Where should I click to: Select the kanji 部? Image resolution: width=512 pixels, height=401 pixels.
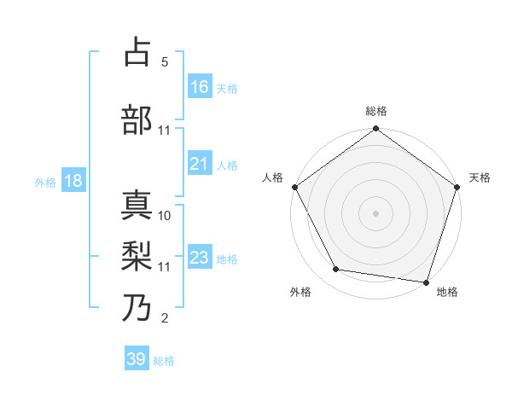(x=137, y=119)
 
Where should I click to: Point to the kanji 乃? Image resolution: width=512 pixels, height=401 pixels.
(x=137, y=307)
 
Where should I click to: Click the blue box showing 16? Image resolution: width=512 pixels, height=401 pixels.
(x=200, y=86)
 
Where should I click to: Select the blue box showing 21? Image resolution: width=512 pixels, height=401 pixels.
(x=200, y=164)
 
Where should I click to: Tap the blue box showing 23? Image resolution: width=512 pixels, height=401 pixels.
(x=200, y=258)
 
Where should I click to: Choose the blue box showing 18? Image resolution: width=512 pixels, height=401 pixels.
(x=73, y=181)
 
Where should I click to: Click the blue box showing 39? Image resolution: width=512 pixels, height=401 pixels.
(x=137, y=359)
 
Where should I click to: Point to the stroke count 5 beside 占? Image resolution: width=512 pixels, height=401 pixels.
(x=165, y=62)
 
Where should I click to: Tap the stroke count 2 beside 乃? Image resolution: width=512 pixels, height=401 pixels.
(x=165, y=319)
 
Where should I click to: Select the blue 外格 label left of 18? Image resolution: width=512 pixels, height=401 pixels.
(x=45, y=182)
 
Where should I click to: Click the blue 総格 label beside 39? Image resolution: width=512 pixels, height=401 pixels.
(x=164, y=361)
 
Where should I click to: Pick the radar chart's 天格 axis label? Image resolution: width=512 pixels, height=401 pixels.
(x=480, y=177)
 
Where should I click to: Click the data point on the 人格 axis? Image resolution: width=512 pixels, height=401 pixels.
(x=294, y=187)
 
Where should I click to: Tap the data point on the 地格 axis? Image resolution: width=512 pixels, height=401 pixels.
(x=426, y=282)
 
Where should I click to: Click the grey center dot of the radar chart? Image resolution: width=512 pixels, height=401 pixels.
(x=375, y=213)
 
